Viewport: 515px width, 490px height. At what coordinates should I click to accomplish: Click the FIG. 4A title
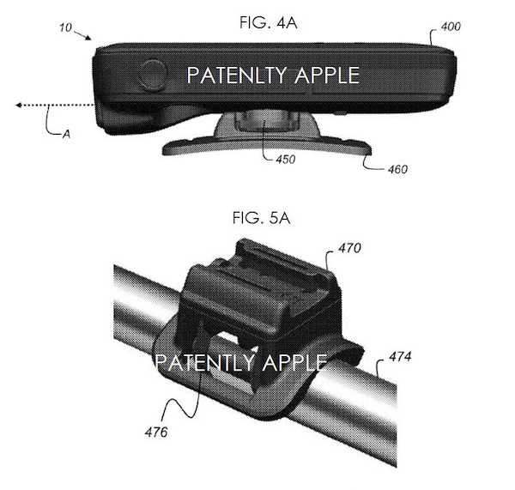[269, 23]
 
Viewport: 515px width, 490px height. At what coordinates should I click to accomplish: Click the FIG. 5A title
[261, 218]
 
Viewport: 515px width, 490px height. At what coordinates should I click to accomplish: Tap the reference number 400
[451, 27]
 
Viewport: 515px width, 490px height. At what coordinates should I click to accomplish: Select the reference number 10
[65, 27]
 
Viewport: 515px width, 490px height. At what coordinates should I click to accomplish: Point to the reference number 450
[286, 160]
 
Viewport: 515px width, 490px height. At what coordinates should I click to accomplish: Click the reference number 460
[397, 169]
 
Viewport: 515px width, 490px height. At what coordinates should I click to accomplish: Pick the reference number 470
[350, 248]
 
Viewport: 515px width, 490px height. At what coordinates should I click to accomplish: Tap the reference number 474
[400, 357]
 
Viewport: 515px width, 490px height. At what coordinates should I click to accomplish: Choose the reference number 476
[156, 433]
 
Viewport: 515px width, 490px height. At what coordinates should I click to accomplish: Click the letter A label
[67, 134]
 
